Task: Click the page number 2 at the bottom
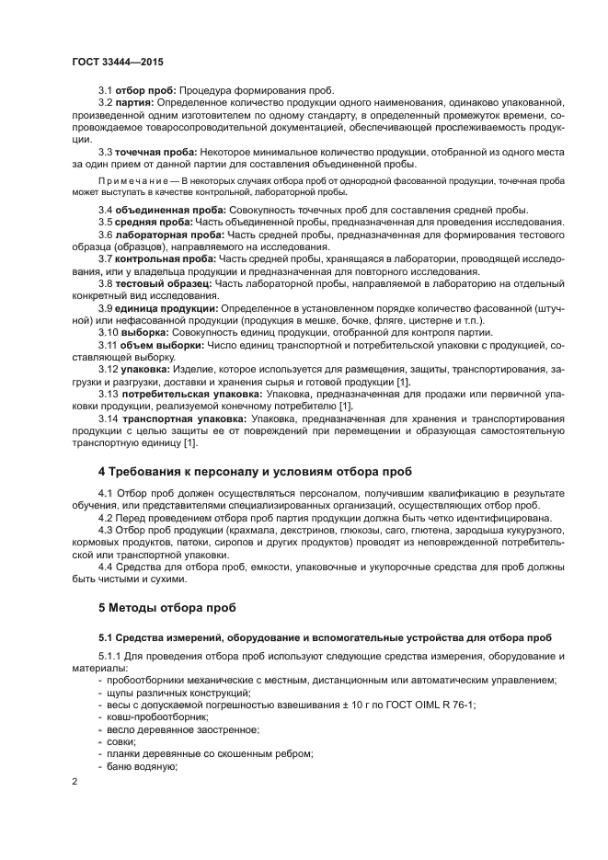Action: tap(75, 781)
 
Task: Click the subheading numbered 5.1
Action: tap(326, 636)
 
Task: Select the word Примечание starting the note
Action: tap(136, 181)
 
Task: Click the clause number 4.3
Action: tap(107, 531)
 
